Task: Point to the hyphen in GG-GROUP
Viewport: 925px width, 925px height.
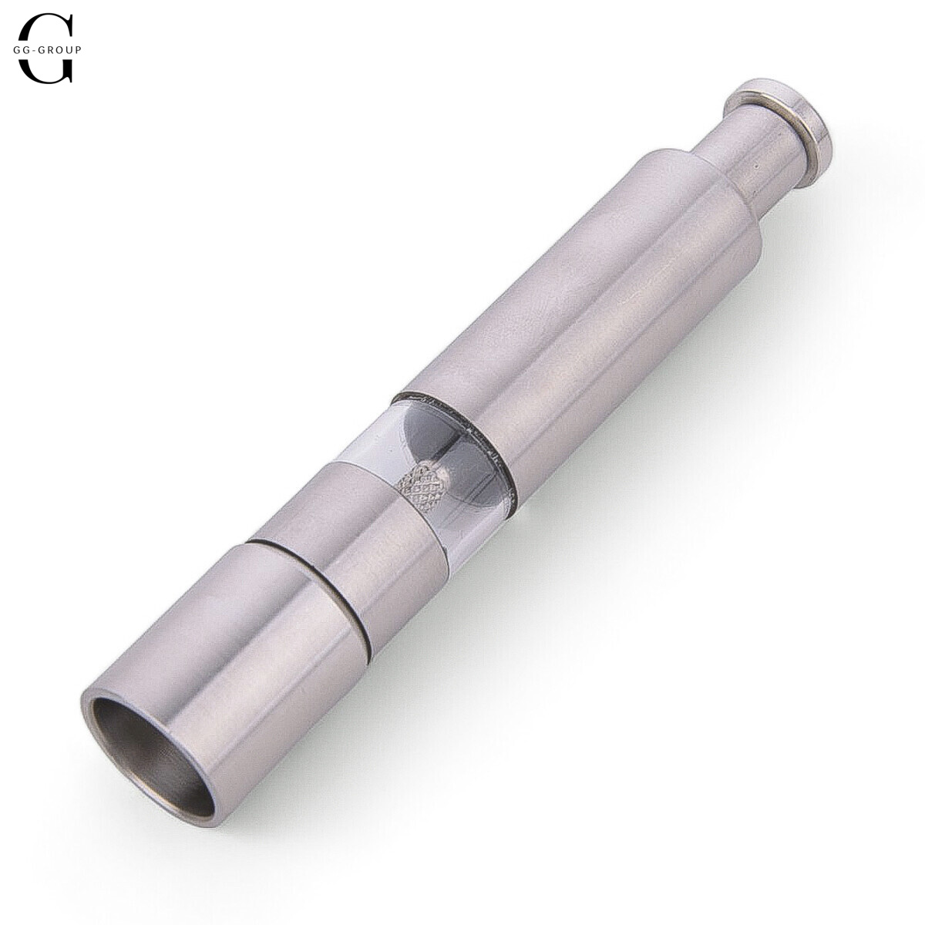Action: [34, 50]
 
